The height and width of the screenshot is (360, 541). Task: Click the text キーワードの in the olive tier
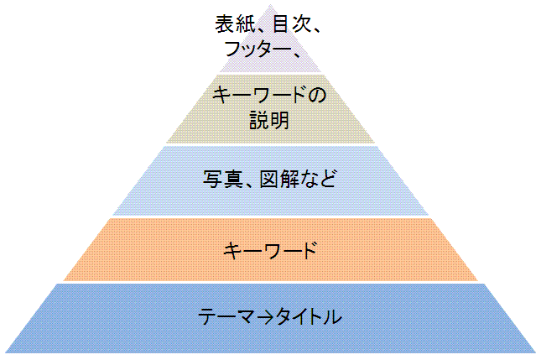(268, 97)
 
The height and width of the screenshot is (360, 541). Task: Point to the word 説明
(269, 121)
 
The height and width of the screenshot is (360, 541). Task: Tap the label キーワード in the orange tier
(270, 249)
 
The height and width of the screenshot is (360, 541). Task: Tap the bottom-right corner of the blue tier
(534, 352)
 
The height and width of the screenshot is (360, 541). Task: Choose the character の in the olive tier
(315, 97)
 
